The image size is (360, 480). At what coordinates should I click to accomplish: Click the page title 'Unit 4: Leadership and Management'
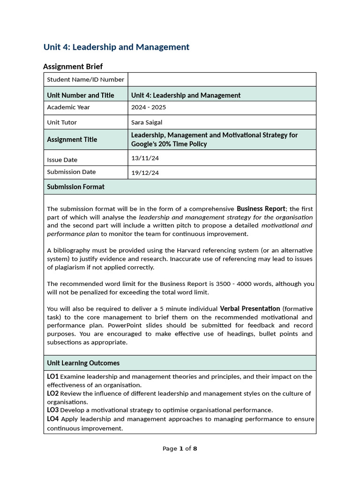[x=116, y=47]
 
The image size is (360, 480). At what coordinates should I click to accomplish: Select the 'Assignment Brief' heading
[x=73, y=67]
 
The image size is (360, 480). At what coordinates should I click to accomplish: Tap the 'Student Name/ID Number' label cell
[x=85, y=80]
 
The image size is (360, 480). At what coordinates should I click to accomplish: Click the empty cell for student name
[x=222, y=80]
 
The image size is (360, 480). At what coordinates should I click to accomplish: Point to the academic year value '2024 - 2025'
[x=148, y=107]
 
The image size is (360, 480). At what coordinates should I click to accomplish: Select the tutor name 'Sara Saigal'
[x=146, y=122]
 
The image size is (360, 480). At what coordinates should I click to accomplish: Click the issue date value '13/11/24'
[x=145, y=158]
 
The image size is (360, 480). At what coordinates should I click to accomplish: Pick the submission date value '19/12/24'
[x=145, y=172]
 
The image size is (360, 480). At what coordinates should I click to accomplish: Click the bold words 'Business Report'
[x=261, y=209]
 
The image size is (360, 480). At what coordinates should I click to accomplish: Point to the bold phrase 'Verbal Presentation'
[x=250, y=308]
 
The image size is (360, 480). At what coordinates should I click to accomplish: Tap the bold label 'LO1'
[x=52, y=376]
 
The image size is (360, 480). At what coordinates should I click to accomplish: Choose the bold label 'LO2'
[x=52, y=393]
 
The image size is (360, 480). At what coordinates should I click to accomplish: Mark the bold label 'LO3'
[x=52, y=410]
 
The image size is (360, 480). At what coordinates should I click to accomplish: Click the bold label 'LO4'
[x=52, y=419]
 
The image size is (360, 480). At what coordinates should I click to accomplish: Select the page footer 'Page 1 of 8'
[x=180, y=449]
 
